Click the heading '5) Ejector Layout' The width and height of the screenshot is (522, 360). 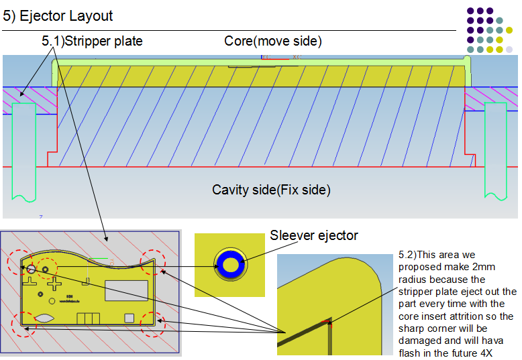pos(58,16)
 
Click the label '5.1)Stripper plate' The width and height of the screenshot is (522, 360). pos(92,41)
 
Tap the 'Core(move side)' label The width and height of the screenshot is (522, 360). pos(273,41)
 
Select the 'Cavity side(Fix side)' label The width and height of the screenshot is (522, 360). pos(271,190)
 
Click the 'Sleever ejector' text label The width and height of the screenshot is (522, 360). pos(314,235)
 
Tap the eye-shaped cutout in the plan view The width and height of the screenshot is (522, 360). pos(45,318)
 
